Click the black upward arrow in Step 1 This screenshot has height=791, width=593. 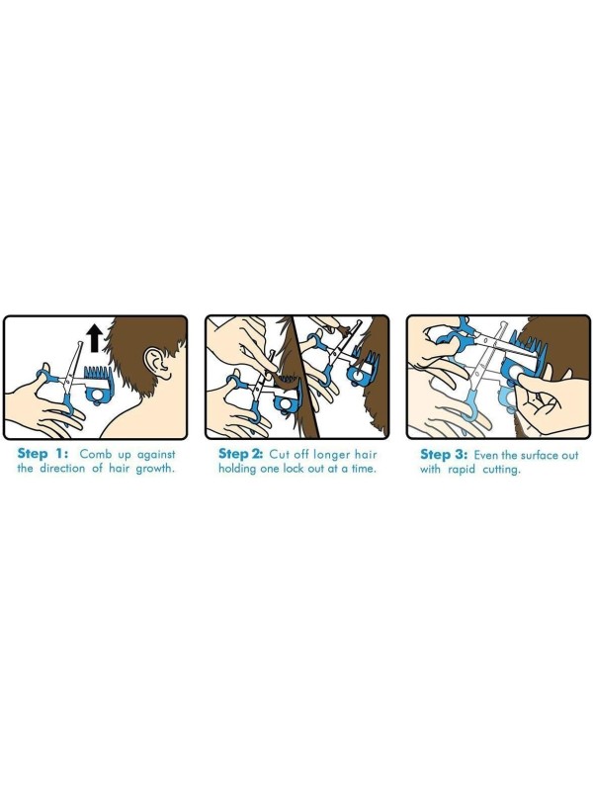click(94, 339)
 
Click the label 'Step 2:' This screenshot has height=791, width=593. click(240, 454)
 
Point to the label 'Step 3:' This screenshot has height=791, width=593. click(444, 455)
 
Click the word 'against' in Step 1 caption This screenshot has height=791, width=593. click(156, 455)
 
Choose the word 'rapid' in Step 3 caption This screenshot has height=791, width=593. click(462, 471)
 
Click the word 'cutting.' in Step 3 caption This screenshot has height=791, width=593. click(501, 471)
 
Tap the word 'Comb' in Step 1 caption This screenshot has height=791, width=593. click(96, 454)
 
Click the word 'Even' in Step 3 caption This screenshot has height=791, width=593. click(486, 455)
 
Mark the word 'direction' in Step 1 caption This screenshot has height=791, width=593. click(62, 468)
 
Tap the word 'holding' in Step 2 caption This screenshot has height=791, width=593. click(238, 469)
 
